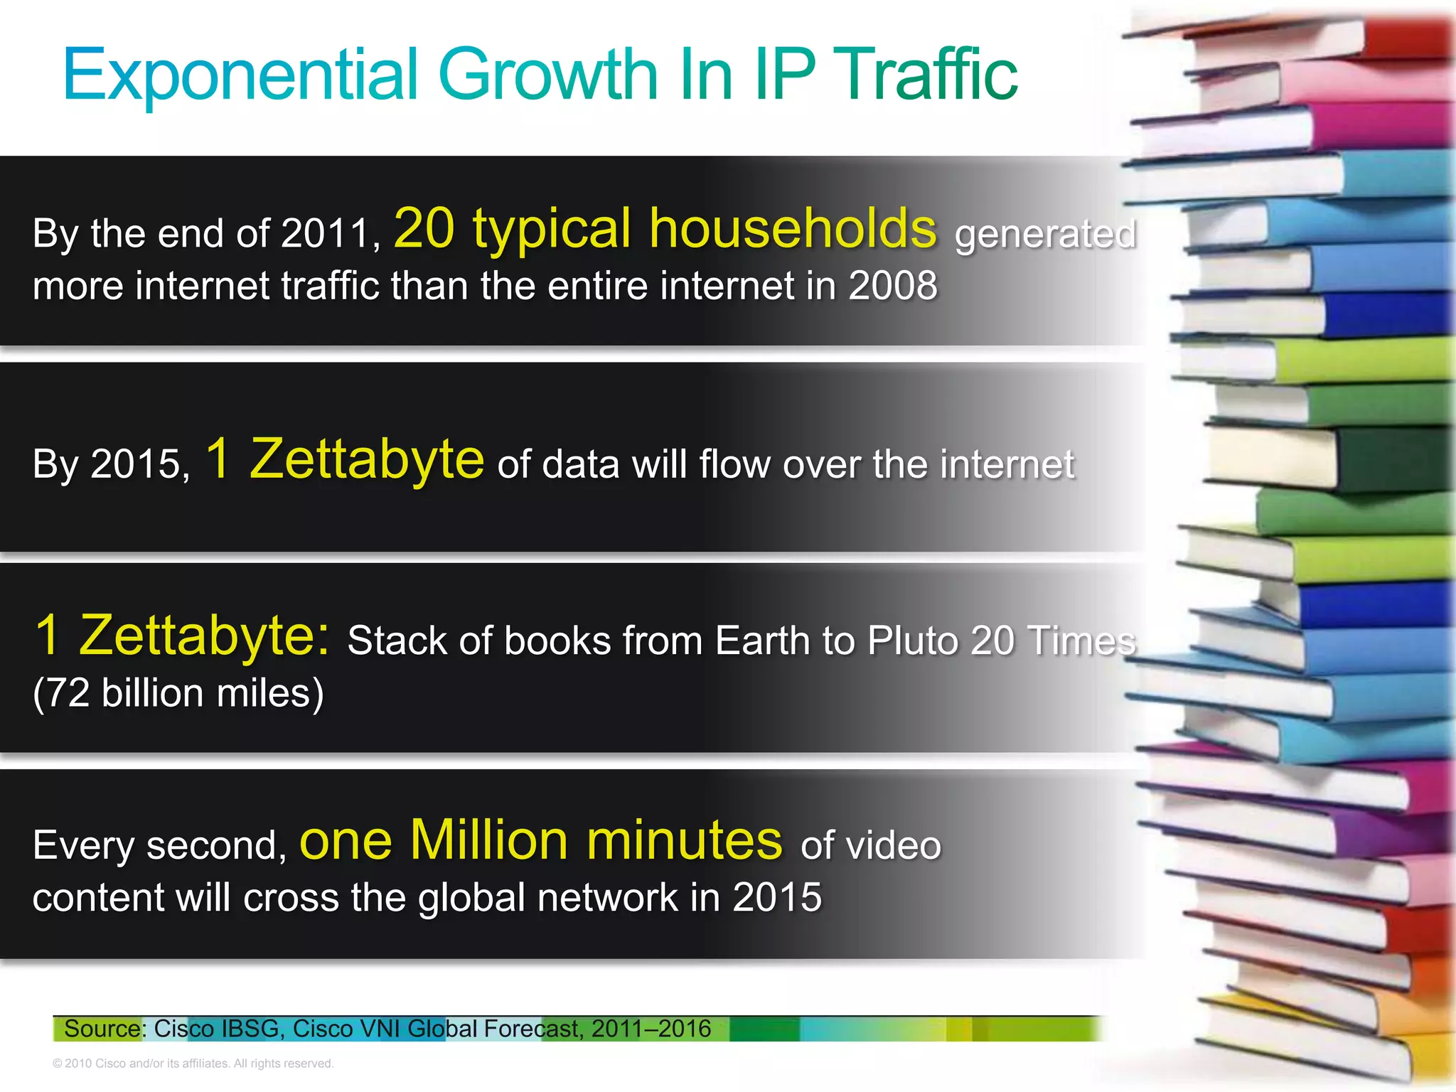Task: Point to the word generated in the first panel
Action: (x=1044, y=235)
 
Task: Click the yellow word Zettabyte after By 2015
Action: (x=367, y=459)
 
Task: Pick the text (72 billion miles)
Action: (x=178, y=693)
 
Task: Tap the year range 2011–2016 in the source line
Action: (x=651, y=1029)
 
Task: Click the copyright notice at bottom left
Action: (x=193, y=1064)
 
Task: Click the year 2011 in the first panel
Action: (x=324, y=233)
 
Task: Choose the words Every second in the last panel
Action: (x=159, y=846)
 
